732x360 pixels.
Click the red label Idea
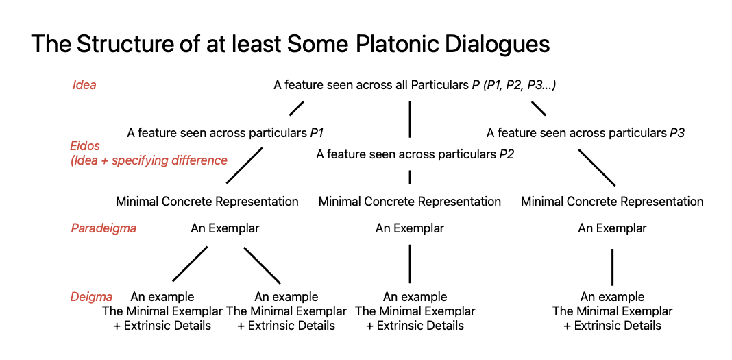pyautogui.click(x=84, y=86)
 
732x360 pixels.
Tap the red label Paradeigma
pyautogui.click(x=103, y=228)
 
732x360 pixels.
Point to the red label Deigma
pyautogui.click(x=91, y=296)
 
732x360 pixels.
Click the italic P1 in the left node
pyautogui.click(x=317, y=133)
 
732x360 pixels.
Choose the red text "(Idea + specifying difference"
pyautogui.click(x=149, y=160)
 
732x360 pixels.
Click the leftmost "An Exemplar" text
pyautogui.click(x=225, y=228)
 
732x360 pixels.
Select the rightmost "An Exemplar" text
pyautogui.click(x=612, y=228)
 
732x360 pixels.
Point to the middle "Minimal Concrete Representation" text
pyautogui.click(x=410, y=202)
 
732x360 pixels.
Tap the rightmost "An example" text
pyautogui.click(x=613, y=296)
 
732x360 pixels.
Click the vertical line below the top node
pyautogui.click(x=410, y=119)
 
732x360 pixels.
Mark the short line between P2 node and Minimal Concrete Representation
pyautogui.click(x=410, y=178)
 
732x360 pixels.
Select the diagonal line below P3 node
pyautogui.click(x=597, y=167)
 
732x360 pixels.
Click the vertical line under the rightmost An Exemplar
pyautogui.click(x=612, y=267)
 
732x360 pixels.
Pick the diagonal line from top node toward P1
pyautogui.click(x=297, y=108)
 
